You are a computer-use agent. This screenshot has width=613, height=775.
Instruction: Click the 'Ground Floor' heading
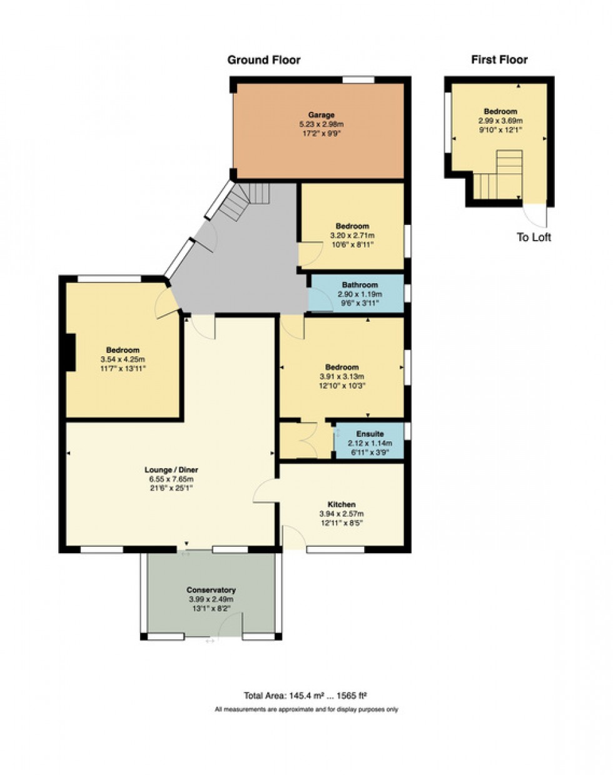pyautogui.click(x=263, y=60)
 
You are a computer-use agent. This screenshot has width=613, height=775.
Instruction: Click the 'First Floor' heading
pyautogui.click(x=499, y=60)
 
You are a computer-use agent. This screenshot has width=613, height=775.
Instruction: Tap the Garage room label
pyautogui.click(x=321, y=115)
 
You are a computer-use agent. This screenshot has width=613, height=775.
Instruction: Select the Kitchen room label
pyautogui.click(x=342, y=504)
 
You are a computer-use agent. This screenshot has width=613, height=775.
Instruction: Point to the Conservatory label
pyautogui.click(x=211, y=590)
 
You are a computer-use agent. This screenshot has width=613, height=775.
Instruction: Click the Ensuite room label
pyautogui.click(x=370, y=434)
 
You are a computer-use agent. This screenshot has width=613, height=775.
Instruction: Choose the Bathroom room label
pyautogui.click(x=360, y=285)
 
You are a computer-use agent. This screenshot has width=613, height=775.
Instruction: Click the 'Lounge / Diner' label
pyautogui.click(x=171, y=470)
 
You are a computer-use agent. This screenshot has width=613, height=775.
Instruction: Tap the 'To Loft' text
pyautogui.click(x=534, y=237)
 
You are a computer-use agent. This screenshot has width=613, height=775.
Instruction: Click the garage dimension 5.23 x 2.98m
pyautogui.click(x=321, y=124)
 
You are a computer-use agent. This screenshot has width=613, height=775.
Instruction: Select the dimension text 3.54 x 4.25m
pyautogui.click(x=123, y=359)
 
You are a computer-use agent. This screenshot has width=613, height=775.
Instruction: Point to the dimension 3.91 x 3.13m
pyautogui.click(x=342, y=377)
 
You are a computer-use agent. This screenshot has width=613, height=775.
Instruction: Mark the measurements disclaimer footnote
pyautogui.click(x=306, y=709)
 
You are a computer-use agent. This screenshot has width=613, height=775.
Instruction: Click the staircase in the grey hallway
pyautogui.click(x=244, y=200)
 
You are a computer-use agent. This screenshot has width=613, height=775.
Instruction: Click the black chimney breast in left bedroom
pyautogui.click(x=71, y=352)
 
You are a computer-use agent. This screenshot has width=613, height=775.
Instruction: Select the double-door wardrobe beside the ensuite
pyautogui.click(x=306, y=441)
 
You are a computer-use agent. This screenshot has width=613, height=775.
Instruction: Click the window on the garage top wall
pyautogui.click(x=358, y=79)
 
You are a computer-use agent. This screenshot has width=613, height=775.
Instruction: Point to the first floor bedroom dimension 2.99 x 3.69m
pyautogui.click(x=500, y=121)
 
